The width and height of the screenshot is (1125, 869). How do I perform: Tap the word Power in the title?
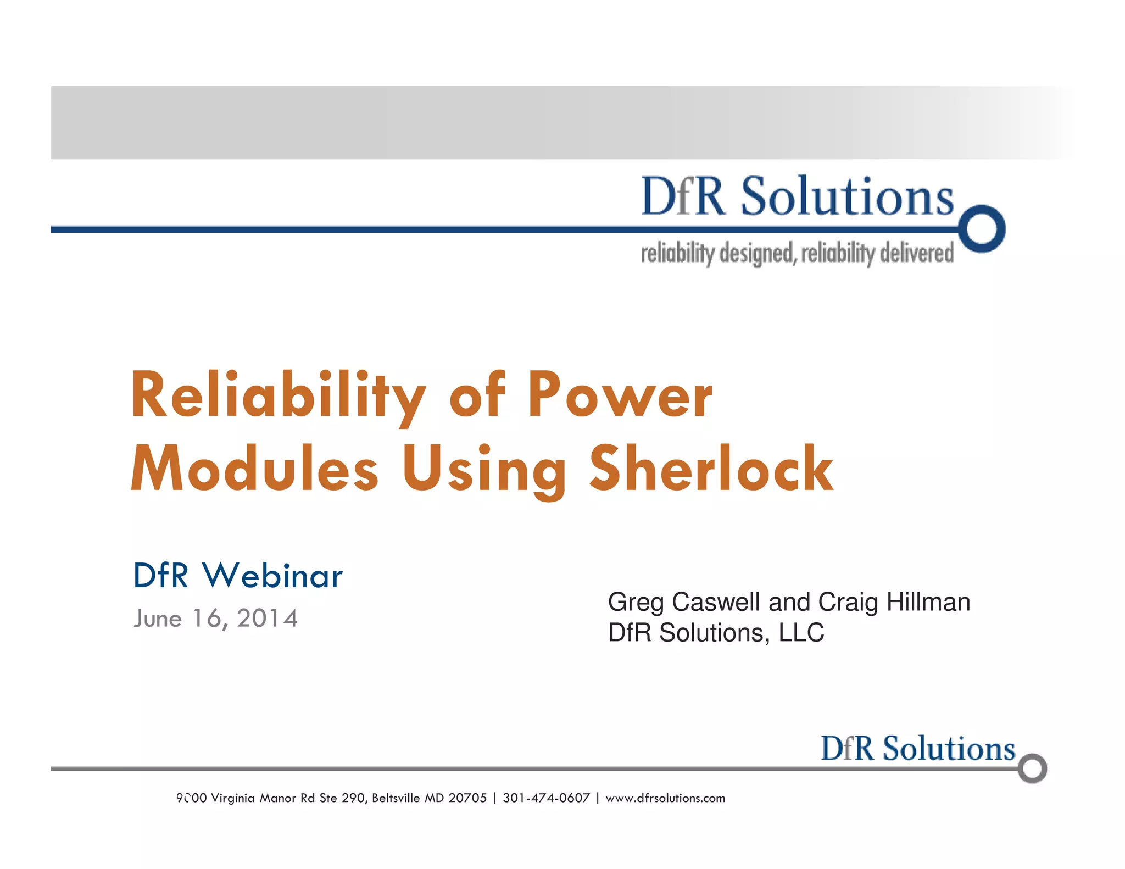pyautogui.click(x=620, y=395)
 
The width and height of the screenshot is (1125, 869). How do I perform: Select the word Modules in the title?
pyautogui.click(x=255, y=470)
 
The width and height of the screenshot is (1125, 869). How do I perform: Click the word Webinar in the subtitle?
pyautogui.click(x=272, y=576)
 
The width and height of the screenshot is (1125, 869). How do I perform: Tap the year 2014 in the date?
pyautogui.click(x=268, y=619)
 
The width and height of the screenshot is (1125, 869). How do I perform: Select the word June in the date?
pyautogui.click(x=158, y=619)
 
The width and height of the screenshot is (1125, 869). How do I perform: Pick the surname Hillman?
pyautogui.click(x=928, y=602)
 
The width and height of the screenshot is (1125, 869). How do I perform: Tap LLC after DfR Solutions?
pyautogui.click(x=801, y=633)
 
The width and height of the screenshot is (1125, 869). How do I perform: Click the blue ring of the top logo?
pyautogui.click(x=982, y=229)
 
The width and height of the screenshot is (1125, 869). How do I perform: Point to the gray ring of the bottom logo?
pyautogui.click(x=1032, y=768)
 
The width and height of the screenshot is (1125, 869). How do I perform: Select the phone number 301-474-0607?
pyautogui.click(x=546, y=798)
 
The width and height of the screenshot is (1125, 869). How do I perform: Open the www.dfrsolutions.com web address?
pyautogui.click(x=665, y=798)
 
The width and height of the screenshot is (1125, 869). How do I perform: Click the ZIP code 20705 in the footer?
pyautogui.click(x=467, y=798)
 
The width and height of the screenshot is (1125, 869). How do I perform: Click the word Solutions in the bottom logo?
pyautogui.click(x=949, y=749)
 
